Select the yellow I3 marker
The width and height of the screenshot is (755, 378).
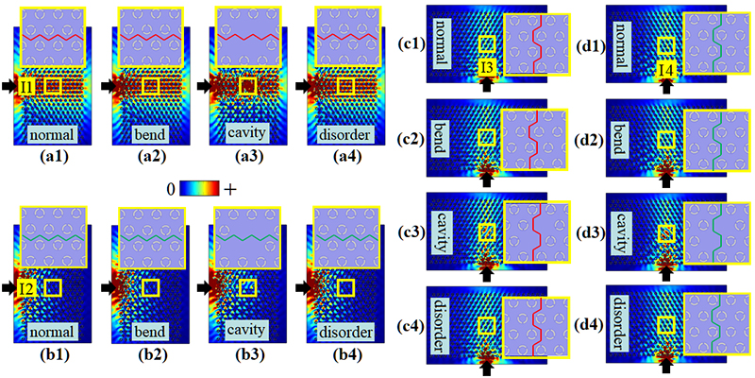coord(486,68)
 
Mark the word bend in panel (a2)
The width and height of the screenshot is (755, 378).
coord(150,131)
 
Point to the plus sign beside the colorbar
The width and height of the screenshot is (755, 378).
coord(230,189)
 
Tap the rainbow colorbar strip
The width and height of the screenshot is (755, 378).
coord(201,189)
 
